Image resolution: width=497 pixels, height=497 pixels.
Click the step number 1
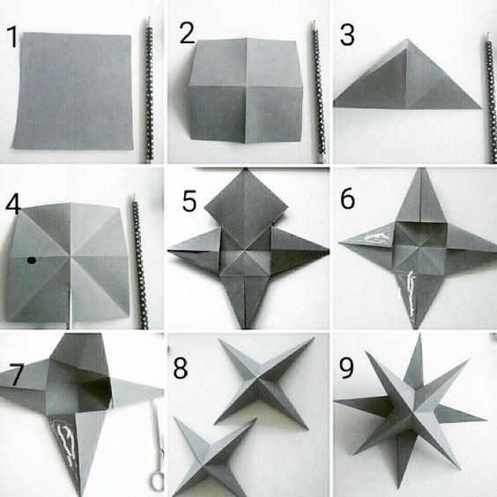pyautogui.click(x=12, y=37)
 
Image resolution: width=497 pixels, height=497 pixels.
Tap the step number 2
pyautogui.click(x=187, y=33)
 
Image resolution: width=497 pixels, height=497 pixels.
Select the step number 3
pyautogui.click(x=347, y=35)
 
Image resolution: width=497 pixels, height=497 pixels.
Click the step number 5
pyautogui.click(x=189, y=201)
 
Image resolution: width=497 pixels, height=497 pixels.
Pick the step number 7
pyautogui.click(x=16, y=375)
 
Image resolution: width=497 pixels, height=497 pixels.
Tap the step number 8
pyautogui.click(x=181, y=367)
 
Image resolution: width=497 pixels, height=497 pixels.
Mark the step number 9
pyautogui.click(x=346, y=367)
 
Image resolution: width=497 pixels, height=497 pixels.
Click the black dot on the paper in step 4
pyautogui.click(x=32, y=261)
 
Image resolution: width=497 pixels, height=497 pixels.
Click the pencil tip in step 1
pyautogui.click(x=148, y=19)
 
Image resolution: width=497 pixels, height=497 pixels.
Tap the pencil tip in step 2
pyautogui.click(x=314, y=23)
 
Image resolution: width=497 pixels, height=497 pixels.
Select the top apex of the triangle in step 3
pyautogui.click(x=408, y=40)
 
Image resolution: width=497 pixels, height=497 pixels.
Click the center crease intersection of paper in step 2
pyautogui.click(x=246, y=86)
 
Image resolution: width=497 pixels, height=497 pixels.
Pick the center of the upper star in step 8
pyautogui.click(x=260, y=378)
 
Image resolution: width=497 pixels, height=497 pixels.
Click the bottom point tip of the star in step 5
pyautogui.click(x=245, y=328)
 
